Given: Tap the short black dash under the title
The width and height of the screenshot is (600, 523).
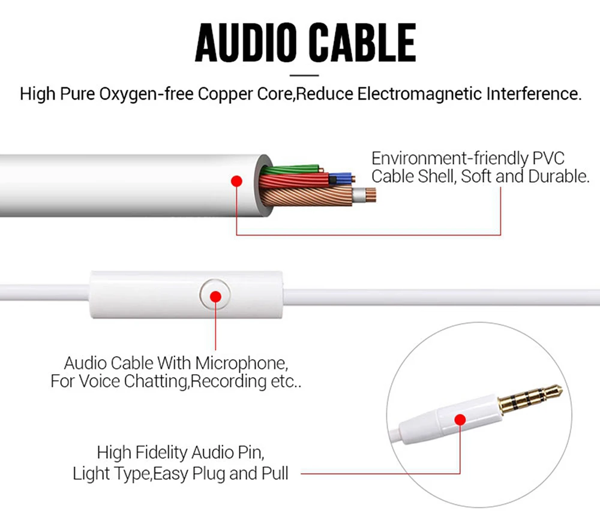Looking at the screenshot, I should pyautogui.click(x=304, y=76).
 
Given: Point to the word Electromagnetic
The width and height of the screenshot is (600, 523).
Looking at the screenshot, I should pyautogui.click(x=419, y=94).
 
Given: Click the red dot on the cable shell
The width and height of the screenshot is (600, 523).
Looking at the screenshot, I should pyautogui.click(x=236, y=181).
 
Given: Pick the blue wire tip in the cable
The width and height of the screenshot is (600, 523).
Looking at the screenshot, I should pyautogui.click(x=344, y=178).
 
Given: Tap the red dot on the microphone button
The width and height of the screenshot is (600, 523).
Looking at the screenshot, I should pyautogui.click(x=217, y=296).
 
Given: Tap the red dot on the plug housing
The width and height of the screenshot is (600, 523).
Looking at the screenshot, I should pyautogui.click(x=460, y=420).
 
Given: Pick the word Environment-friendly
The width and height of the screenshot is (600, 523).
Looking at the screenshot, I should pyautogui.click(x=449, y=159).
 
